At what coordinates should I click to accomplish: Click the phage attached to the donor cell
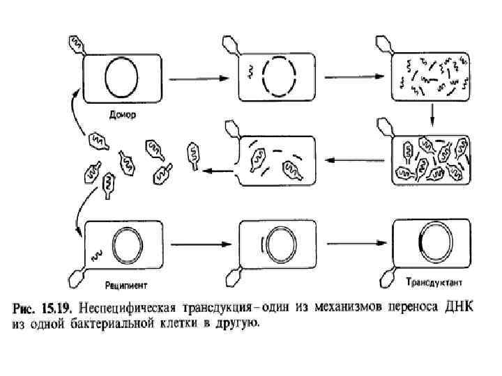coord(75,43)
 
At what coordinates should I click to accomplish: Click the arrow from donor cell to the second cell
coord(195,77)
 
